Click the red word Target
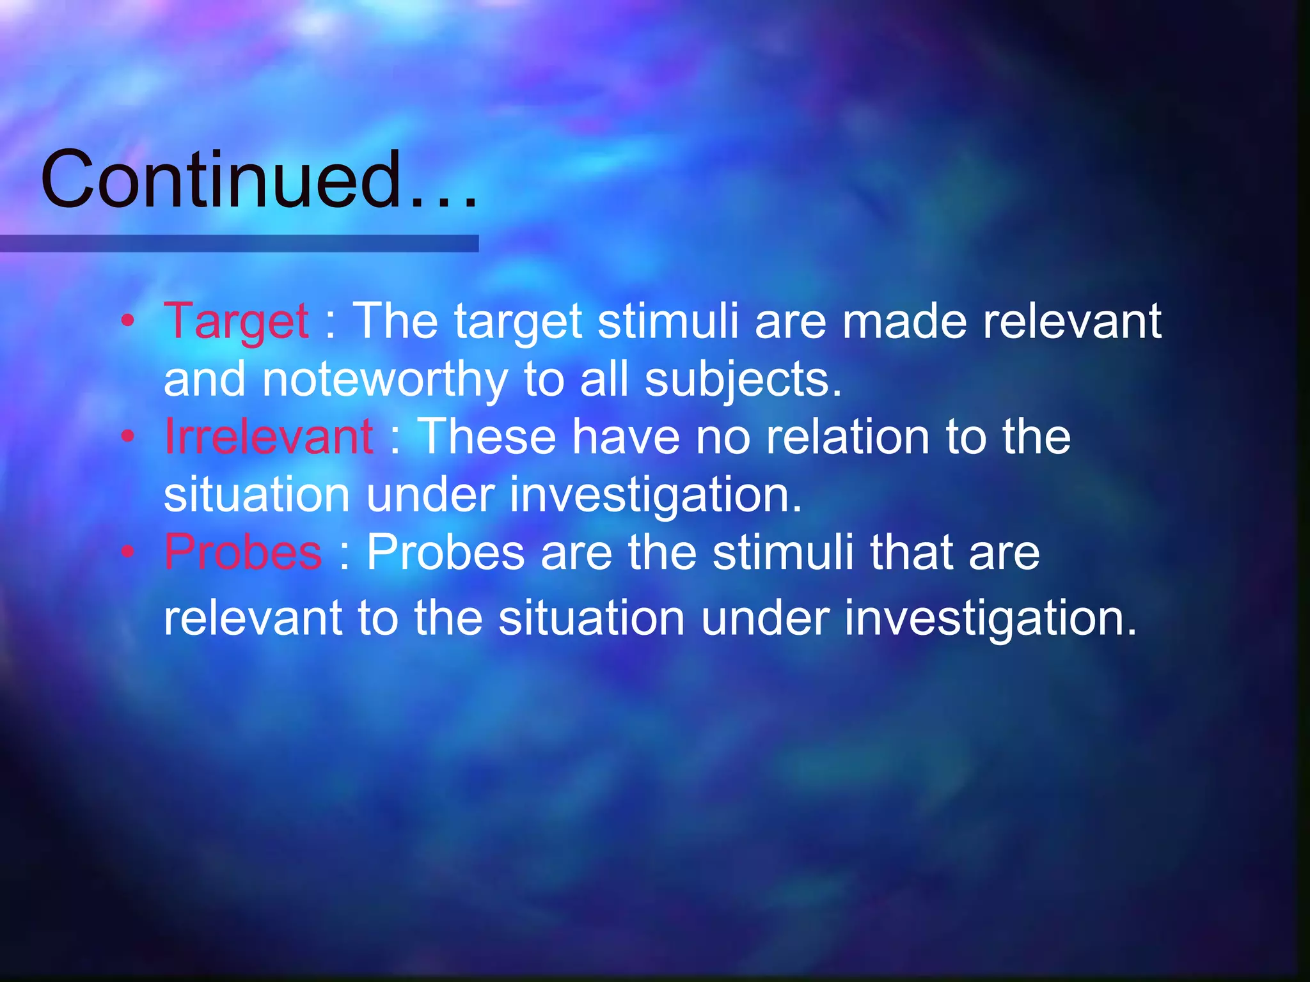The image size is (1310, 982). pyautogui.click(x=236, y=322)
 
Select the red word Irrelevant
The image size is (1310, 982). pyautogui.click(x=269, y=437)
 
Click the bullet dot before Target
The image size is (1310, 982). pyautogui.click(x=128, y=320)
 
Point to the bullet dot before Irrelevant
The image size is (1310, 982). pyautogui.click(x=128, y=436)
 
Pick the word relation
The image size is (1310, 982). pyautogui.click(x=848, y=437)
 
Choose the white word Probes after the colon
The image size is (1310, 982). pyautogui.click(x=445, y=552)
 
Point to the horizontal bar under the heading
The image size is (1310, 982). pyautogui.click(x=239, y=244)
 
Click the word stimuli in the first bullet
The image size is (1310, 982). pyautogui.click(x=668, y=322)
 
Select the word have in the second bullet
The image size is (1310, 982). pyautogui.click(x=626, y=437)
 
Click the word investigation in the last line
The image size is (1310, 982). pyautogui.click(x=990, y=619)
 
